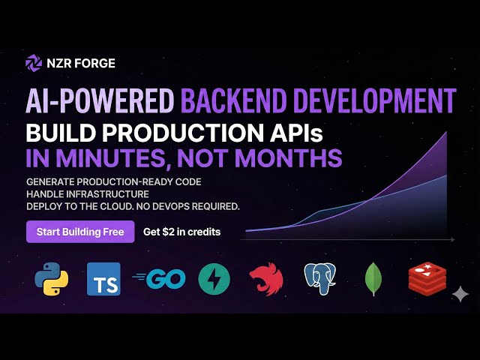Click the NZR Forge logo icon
34,63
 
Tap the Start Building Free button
80,232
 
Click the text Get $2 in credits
181,232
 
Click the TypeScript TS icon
103,279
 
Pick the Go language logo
160,279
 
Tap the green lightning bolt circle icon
214,279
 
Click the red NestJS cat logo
266,279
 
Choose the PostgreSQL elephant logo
319,279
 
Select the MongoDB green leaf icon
373,279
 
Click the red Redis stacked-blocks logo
425,278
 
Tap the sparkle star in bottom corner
459,295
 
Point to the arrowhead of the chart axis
452,240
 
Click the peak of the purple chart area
447,133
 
